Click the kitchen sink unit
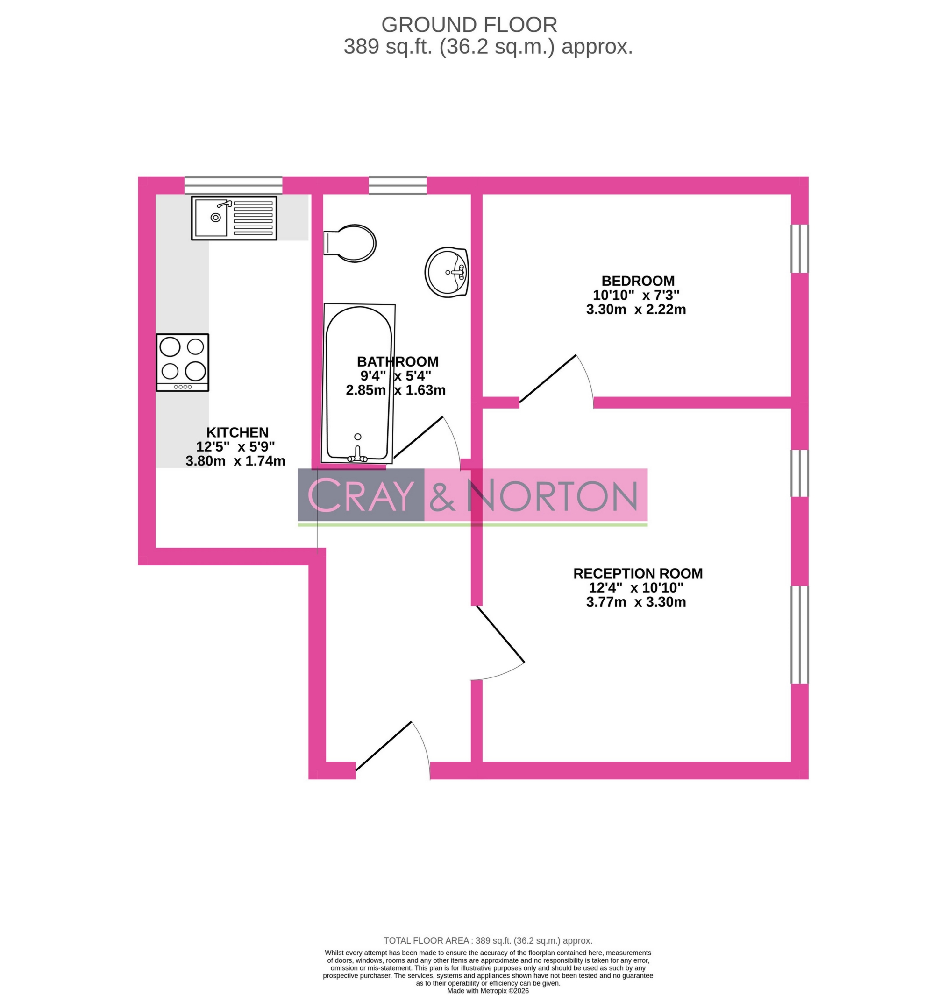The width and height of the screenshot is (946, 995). click(x=234, y=218)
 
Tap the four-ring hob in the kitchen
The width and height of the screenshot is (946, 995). click(x=183, y=362)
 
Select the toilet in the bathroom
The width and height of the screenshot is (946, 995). click(x=351, y=243)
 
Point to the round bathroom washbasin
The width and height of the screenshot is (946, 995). click(x=447, y=272)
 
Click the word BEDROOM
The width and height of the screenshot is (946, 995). click(x=637, y=281)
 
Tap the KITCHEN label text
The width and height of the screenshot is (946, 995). click(x=237, y=432)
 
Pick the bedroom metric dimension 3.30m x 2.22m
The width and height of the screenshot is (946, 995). click(x=635, y=310)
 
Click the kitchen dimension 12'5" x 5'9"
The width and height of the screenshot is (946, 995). click(x=235, y=446)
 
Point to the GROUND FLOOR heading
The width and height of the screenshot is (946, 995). click(x=469, y=25)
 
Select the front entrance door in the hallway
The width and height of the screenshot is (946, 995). click(x=384, y=746)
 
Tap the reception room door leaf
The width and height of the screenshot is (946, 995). click(x=501, y=634)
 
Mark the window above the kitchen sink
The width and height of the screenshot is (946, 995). click(x=234, y=185)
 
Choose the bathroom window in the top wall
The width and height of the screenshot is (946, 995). click(x=398, y=185)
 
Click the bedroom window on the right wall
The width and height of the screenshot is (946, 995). click(x=799, y=248)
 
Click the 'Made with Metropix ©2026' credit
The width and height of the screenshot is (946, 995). click(x=488, y=990)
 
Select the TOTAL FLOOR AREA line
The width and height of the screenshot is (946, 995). click(x=488, y=940)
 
